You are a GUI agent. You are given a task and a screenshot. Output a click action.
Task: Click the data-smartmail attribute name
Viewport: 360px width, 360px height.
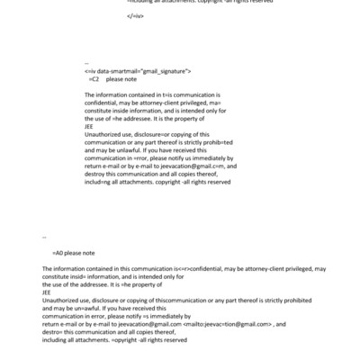126,70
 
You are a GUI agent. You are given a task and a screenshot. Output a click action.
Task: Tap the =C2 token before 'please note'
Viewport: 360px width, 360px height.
94,79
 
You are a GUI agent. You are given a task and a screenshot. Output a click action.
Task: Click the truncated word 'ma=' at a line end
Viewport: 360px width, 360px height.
213,102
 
